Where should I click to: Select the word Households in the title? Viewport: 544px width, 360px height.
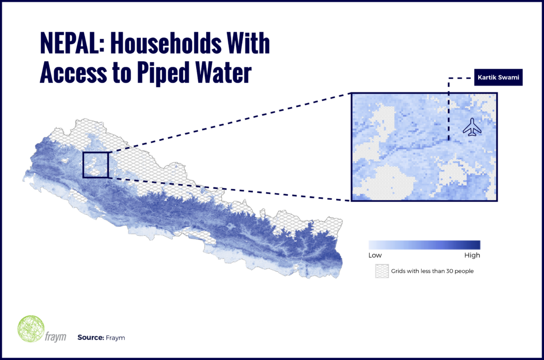coord(166,44)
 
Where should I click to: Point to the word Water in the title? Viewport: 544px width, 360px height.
coord(224,73)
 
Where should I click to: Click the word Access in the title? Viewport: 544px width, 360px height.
coord(73,73)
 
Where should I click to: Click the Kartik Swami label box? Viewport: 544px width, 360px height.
coord(498,78)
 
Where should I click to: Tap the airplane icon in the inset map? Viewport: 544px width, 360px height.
coord(472,127)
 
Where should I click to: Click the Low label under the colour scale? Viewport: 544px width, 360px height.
coord(375,255)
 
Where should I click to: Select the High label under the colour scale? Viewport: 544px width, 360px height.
coord(472,255)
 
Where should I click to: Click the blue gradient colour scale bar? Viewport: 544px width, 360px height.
coord(424,245)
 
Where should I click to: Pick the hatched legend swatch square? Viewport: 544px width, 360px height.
coord(381,271)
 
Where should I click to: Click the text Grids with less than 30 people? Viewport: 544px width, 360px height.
coord(432,271)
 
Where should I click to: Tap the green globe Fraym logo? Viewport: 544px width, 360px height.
coord(31,329)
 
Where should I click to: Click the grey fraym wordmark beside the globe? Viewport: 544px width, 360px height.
coord(55,336)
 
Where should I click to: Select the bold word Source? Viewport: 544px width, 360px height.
coord(90,338)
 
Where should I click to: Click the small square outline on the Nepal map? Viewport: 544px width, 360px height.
coord(96,165)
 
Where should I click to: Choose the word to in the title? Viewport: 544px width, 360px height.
coord(122,73)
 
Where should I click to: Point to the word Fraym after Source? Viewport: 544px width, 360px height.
coord(115,338)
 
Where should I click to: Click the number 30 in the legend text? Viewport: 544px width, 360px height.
coord(449,271)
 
